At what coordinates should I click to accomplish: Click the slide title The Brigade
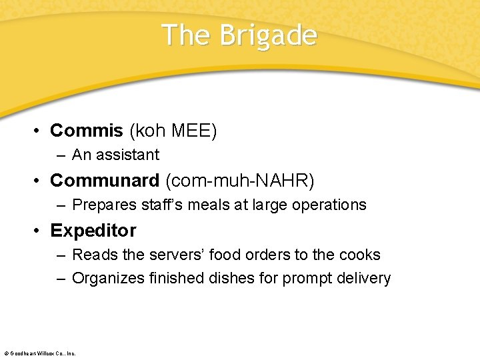(239, 35)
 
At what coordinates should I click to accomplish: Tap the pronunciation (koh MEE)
(173, 130)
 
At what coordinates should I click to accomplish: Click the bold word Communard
(105, 180)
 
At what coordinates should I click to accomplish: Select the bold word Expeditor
(93, 230)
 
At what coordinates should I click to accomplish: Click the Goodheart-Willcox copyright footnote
(40, 353)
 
